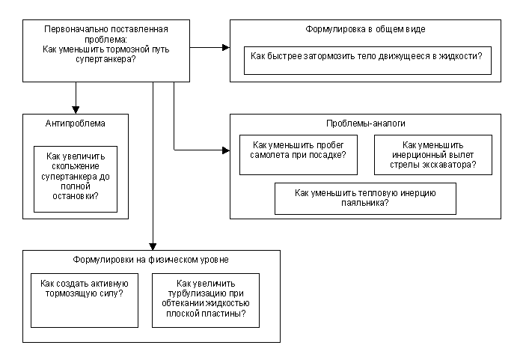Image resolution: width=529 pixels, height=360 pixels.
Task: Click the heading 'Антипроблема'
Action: pos(76,123)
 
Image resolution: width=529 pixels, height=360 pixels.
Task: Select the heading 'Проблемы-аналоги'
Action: pos(365,123)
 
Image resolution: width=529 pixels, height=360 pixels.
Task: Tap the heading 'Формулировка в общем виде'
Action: pos(365,29)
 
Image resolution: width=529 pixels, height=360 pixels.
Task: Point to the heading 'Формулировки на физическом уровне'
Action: pos(151,259)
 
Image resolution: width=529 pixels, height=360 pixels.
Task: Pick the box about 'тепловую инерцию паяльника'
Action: pos(365,198)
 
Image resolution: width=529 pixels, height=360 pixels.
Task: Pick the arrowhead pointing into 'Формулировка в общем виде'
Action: pos(225,47)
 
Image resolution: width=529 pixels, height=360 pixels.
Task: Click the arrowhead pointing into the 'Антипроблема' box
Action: pos(76,108)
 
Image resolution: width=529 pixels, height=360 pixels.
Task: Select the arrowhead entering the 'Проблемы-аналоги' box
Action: pos(225,150)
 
